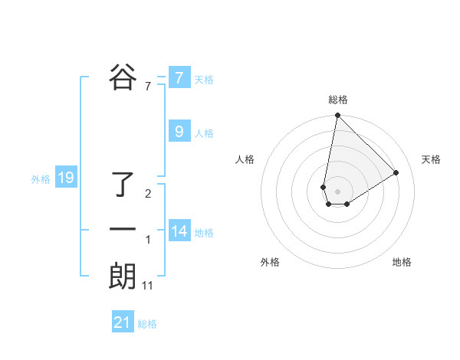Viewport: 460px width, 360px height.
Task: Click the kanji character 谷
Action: (x=123, y=77)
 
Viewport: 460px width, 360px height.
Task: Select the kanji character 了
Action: (x=123, y=185)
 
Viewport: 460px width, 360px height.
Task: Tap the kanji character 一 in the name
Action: (x=123, y=229)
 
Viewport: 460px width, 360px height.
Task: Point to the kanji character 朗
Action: (x=123, y=276)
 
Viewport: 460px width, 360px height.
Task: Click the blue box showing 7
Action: (x=179, y=77)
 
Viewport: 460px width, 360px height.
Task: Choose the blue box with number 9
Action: (x=179, y=131)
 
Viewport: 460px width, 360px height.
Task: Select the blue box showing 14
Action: (x=179, y=230)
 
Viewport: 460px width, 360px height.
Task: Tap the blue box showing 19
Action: (x=65, y=178)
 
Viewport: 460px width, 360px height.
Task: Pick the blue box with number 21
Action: (x=123, y=322)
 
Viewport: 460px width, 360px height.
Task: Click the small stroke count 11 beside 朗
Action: (x=148, y=286)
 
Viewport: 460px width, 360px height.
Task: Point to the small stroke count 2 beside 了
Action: (x=148, y=194)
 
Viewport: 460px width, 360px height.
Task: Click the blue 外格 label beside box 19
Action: (x=41, y=179)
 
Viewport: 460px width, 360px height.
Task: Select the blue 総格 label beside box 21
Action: (x=147, y=324)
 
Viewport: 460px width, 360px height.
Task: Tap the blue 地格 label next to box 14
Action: (x=205, y=233)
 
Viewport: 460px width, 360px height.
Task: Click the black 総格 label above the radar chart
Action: (x=338, y=100)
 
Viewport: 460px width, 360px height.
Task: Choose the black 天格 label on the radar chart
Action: (x=432, y=159)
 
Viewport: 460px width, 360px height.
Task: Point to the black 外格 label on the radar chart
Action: (x=270, y=262)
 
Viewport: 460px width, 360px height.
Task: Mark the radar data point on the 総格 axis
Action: (x=337, y=116)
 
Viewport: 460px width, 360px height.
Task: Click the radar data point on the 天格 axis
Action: (x=396, y=172)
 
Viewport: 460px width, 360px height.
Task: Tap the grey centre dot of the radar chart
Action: (x=337, y=191)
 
